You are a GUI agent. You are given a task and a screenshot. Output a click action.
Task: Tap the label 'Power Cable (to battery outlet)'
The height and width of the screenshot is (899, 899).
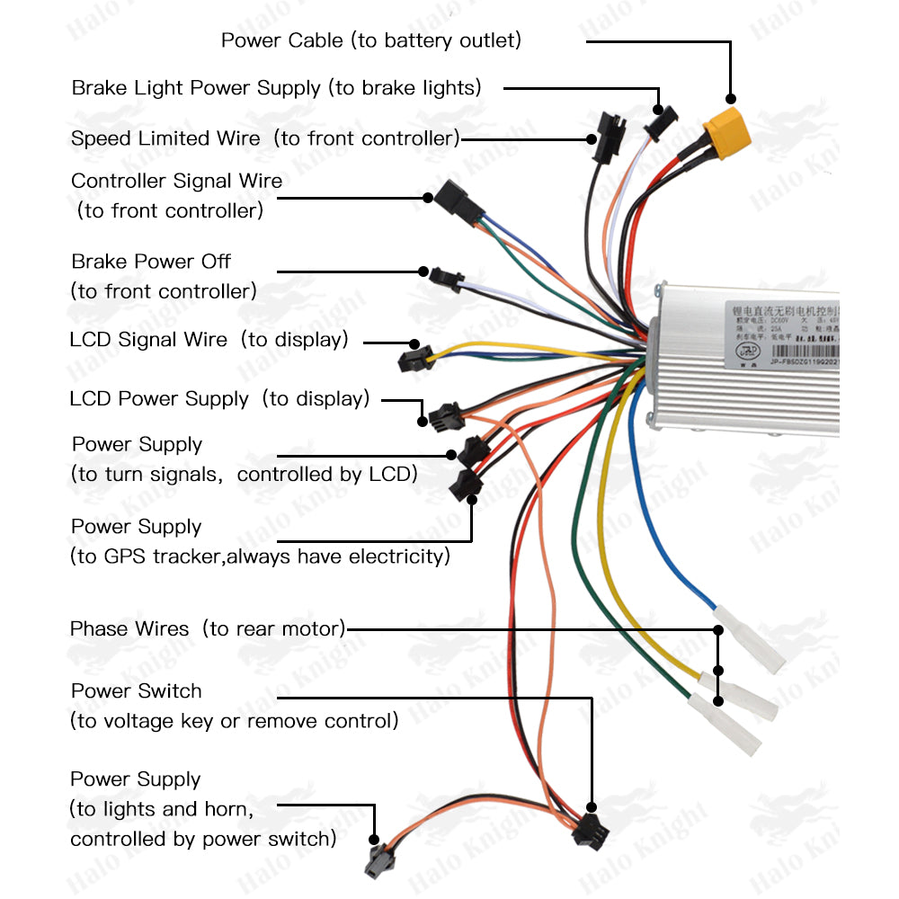click(x=370, y=40)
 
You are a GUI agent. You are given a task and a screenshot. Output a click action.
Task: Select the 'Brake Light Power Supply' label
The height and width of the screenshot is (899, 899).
click(x=276, y=88)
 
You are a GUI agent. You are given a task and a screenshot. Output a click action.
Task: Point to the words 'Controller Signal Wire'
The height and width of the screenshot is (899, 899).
click(x=176, y=181)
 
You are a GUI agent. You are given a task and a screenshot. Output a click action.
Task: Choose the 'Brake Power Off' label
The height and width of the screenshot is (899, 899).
click(x=151, y=262)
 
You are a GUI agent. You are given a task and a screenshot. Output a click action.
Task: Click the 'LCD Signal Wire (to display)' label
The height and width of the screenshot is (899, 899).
click(x=209, y=340)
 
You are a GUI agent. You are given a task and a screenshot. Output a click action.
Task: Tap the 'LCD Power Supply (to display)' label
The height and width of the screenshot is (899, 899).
click(x=219, y=399)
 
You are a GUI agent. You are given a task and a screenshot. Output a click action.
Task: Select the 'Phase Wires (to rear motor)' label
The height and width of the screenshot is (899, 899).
click(x=208, y=628)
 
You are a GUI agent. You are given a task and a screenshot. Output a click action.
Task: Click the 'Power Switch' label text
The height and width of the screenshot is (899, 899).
click(x=137, y=691)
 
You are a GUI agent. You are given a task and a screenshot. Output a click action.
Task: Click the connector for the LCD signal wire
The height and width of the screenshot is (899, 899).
click(x=414, y=360)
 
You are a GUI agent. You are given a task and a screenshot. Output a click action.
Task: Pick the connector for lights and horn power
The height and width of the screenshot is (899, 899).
click(x=377, y=863)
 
